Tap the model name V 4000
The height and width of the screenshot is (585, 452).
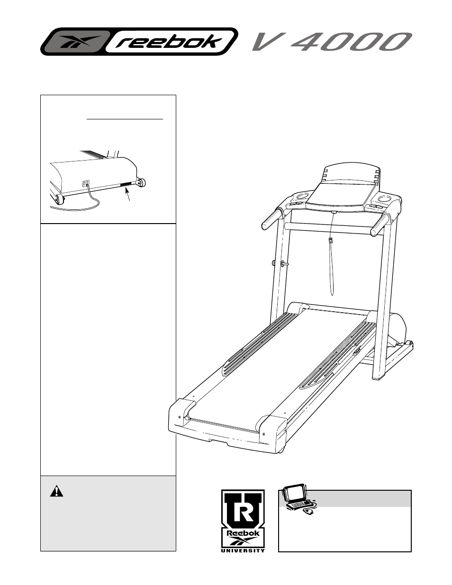[x=330, y=42]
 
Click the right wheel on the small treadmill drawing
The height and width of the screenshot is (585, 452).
[x=141, y=182]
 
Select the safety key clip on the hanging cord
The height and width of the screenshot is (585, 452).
[x=331, y=241]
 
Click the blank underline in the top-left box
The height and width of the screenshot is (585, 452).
[x=125, y=118]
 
